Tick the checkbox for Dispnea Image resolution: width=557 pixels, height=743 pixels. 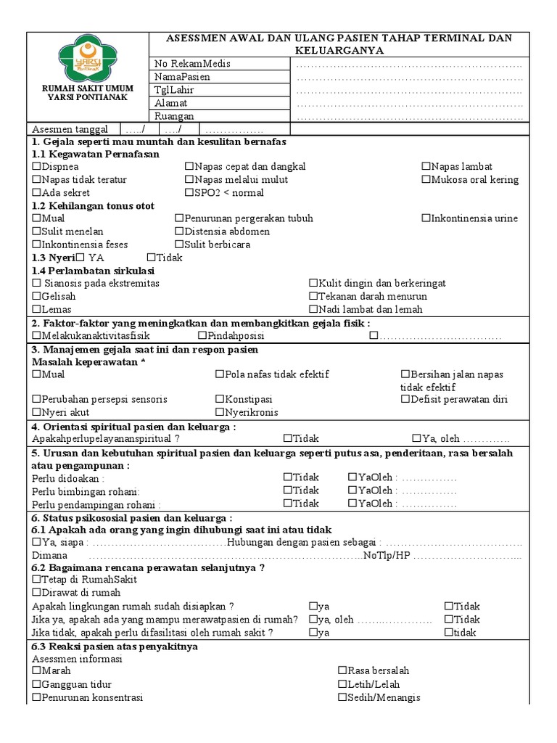[x=37, y=167]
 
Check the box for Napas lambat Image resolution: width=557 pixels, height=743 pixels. [x=426, y=167]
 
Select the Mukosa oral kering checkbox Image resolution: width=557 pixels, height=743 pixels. [x=426, y=180]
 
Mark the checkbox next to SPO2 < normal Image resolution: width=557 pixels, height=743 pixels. [x=189, y=193]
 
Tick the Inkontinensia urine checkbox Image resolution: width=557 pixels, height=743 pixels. [x=426, y=218]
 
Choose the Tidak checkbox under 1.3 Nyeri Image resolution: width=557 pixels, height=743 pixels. [x=151, y=258]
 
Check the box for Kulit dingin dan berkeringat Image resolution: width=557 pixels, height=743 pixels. [x=313, y=283]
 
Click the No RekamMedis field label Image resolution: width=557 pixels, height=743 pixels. [x=192, y=64]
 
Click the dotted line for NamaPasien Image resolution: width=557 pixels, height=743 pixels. [x=410, y=78]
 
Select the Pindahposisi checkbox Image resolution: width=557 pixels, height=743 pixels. [x=202, y=336]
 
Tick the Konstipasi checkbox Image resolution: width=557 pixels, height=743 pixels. [x=220, y=399]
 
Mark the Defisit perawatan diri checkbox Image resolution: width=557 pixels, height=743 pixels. [x=405, y=399]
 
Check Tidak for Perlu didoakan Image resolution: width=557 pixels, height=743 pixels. [x=288, y=477]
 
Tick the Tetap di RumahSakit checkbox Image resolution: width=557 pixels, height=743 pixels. [x=37, y=580]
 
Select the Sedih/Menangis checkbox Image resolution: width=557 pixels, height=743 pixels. [x=342, y=698]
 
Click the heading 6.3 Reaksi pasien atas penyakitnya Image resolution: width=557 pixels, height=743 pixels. [x=115, y=646]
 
